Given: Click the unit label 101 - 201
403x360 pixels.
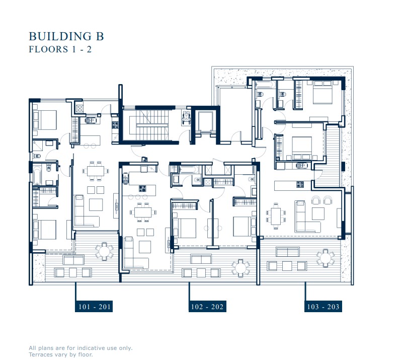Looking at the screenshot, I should click(94, 307).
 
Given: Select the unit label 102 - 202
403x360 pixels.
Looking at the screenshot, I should click(207, 307).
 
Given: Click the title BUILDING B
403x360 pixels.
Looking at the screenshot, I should click(66, 36).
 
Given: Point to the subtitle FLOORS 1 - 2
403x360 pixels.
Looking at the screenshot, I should click(59, 49).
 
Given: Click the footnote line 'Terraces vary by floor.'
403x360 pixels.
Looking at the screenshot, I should click(61, 354).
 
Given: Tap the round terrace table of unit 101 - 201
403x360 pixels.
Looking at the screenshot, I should click(104, 250).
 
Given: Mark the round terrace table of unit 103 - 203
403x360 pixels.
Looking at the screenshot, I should click(326, 257).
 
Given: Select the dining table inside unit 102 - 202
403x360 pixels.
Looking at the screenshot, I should click(143, 212).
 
